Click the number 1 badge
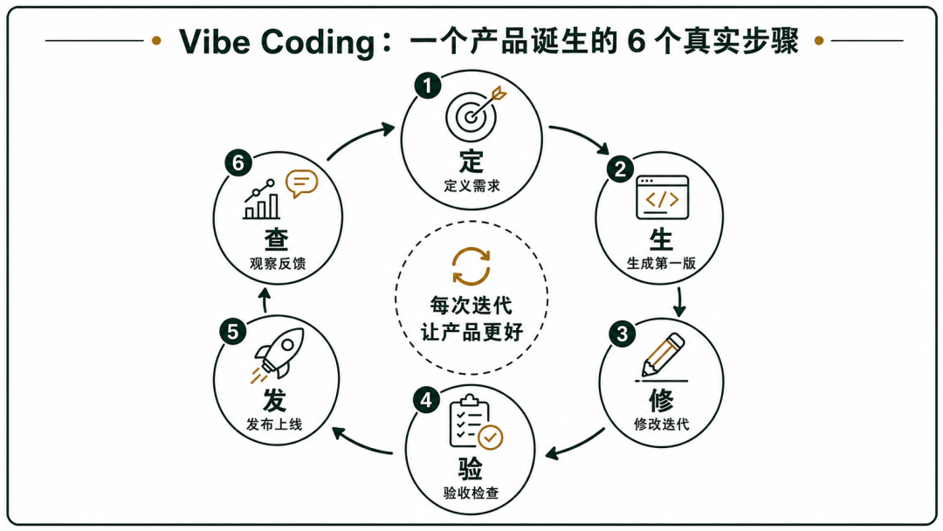click(428, 86)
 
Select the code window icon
click(662, 197)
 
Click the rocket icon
click(278, 355)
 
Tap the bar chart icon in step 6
click(262, 200)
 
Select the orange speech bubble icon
click(301, 183)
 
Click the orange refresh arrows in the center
click(471, 265)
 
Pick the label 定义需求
click(472, 186)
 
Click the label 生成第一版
click(662, 264)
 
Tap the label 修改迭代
click(662, 424)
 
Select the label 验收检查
click(471, 493)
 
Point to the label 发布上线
click(274, 424)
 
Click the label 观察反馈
click(278, 264)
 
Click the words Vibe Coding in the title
click(278, 42)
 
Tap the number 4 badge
click(426, 400)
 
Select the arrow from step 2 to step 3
click(679, 302)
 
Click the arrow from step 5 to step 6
click(265, 300)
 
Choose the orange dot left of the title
click(156, 41)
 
